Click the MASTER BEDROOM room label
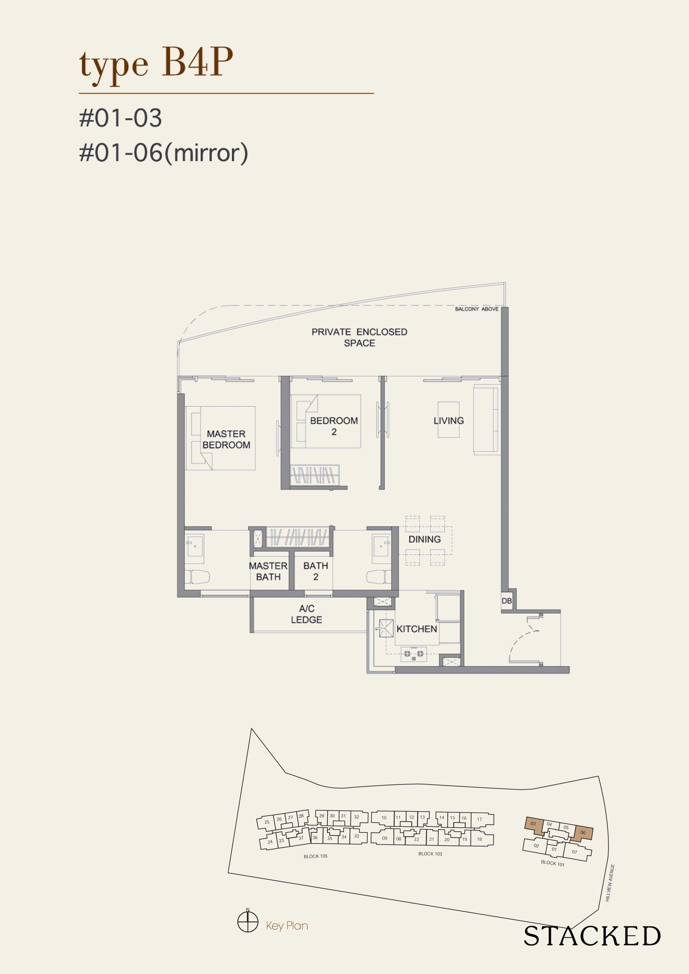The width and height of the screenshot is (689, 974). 226,439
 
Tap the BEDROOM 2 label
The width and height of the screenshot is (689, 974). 334,426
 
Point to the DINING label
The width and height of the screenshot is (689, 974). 425,539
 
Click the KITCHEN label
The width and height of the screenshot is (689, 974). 416,629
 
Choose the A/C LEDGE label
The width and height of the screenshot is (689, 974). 306,614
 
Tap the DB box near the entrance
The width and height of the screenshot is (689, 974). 506,601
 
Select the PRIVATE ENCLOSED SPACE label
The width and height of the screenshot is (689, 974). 359,337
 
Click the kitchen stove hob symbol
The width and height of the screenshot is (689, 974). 413,653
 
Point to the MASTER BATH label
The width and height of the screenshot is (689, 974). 268,571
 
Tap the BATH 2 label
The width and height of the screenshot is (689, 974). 315,571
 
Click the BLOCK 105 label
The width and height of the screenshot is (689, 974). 315,856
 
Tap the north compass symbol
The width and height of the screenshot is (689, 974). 248,922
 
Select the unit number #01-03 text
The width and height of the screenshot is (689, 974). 121,118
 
